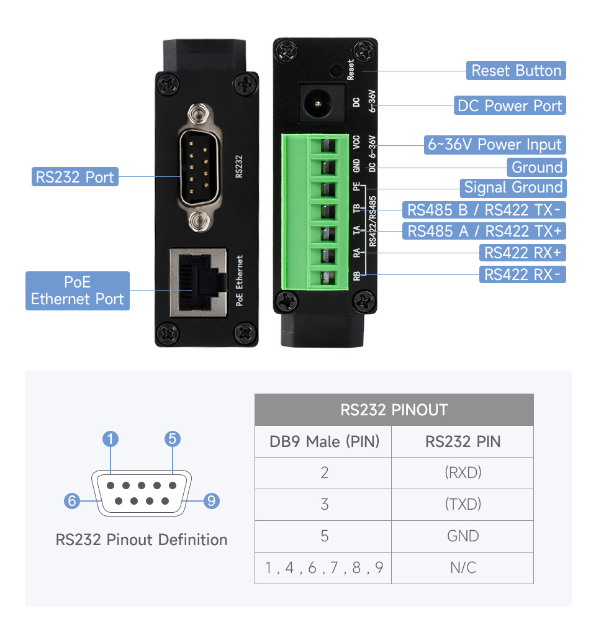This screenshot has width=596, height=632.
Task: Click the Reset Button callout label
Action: point(516,71)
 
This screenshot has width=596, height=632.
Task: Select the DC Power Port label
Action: point(510,106)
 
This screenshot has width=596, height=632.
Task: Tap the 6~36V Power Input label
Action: point(495,145)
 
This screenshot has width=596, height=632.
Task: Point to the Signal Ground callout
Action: point(513,187)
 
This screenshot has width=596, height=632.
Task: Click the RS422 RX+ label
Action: point(522,253)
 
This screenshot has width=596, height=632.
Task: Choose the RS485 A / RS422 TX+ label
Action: point(484,231)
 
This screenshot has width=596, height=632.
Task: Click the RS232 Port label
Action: point(74,177)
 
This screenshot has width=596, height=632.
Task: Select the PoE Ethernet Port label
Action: point(78,291)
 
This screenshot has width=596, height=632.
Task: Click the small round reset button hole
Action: point(336,70)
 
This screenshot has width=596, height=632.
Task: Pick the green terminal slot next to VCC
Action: point(327,145)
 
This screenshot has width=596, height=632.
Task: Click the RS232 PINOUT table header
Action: point(394,410)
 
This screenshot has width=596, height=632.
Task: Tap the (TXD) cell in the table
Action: point(463,503)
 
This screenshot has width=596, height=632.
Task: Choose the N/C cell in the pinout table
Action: point(463,567)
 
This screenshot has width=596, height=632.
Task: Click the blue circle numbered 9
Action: point(212,500)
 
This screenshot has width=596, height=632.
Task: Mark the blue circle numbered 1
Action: point(110,440)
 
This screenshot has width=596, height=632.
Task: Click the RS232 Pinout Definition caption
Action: point(142,539)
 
